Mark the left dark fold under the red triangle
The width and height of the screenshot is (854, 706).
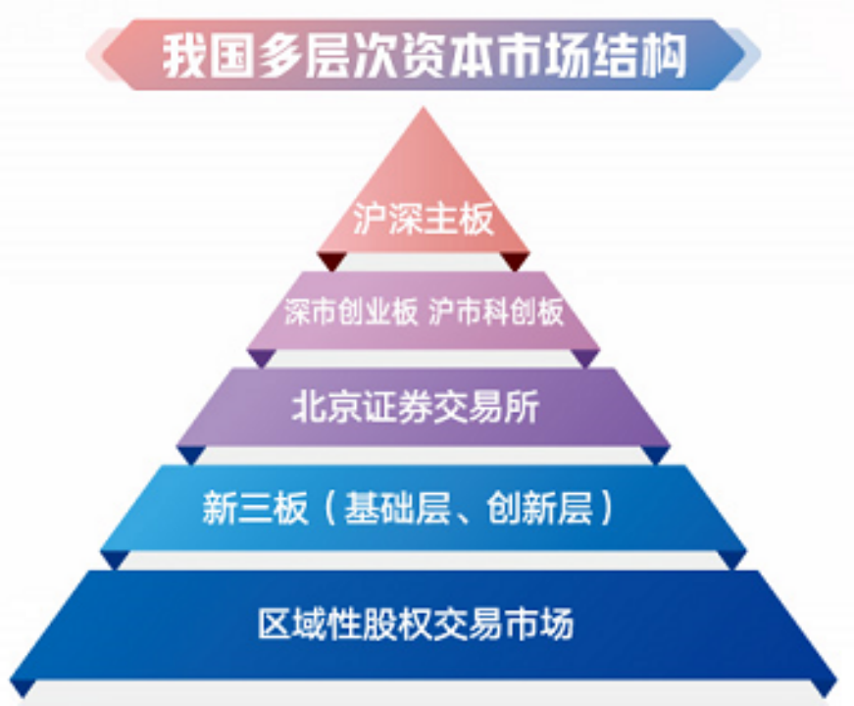[x=331, y=261]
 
